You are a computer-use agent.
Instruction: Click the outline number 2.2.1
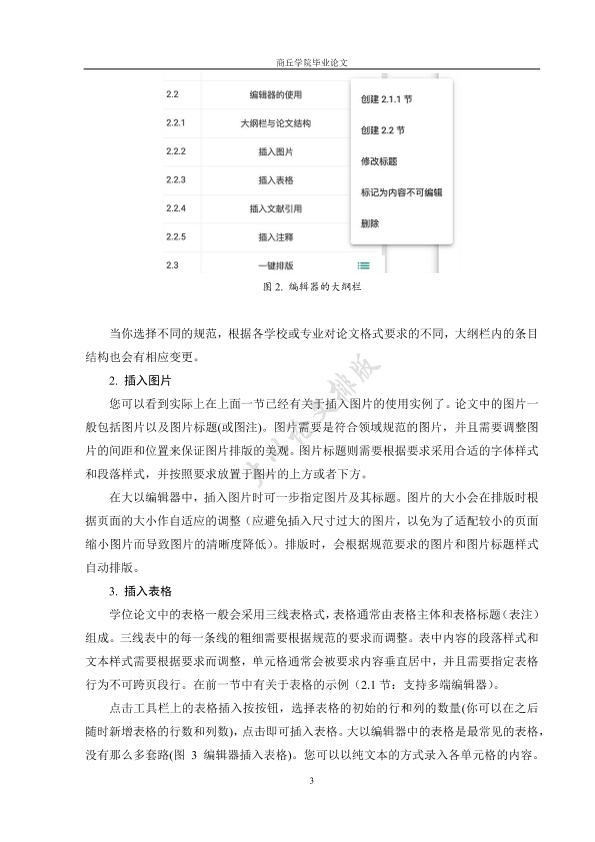click(x=177, y=124)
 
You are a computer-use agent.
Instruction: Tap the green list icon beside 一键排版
click(x=364, y=265)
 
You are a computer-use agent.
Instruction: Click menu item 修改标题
click(x=377, y=160)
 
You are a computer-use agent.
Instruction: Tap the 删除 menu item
click(x=369, y=222)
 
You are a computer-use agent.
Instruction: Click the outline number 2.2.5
click(x=177, y=237)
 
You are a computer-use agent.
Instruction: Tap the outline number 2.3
click(x=172, y=265)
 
